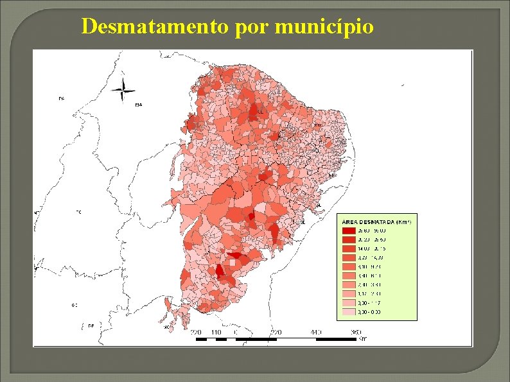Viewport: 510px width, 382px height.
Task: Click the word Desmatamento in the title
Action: coord(154,26)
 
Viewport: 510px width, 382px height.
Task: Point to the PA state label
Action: coord(62,98)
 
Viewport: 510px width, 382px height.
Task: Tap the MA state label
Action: coord(139,105)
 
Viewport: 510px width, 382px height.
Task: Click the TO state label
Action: coord(79,211)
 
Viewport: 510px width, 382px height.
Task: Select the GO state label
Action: coord(75,305)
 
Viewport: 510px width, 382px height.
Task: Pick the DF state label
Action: coord(91,326)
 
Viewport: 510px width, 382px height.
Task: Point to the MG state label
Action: coord(167,327)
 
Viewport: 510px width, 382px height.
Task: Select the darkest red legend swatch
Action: coord(348,230)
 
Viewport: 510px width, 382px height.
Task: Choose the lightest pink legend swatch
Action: coord(348,312)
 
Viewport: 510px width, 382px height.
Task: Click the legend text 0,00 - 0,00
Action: coord(370,312)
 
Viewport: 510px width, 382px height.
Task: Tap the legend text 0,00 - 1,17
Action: coord(370,303)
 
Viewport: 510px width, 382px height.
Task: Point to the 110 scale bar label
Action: coord(216,333)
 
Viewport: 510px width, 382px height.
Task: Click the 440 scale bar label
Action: coord(315,333)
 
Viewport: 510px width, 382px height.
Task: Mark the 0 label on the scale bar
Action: coord(236,333)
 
